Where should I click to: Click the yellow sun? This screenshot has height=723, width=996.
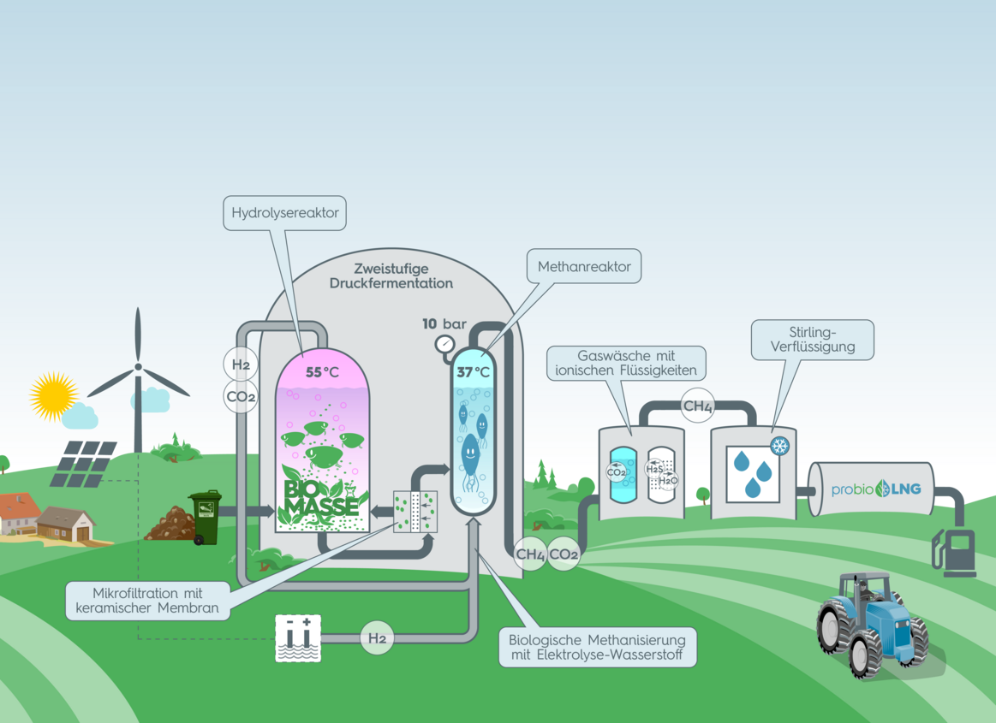pyautogui.click(x=53, y=396)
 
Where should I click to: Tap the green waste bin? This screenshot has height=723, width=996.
pyautogui.click(x=206, y=516)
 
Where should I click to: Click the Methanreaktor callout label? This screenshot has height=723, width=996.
pyautogui.click(x=584, y=267)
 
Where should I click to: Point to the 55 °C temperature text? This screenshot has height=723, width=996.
pyautogui.click(x=322, y=373)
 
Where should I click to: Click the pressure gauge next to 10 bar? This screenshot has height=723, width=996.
pyautogui.click(x=445, y=345)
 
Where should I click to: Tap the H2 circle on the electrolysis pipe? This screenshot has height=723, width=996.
pyautogui.click(x=377, y=637)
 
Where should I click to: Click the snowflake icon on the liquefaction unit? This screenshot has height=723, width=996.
pyautogui.click(x=779, y=446)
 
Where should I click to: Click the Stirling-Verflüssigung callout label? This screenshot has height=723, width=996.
pyautogui.click(x=812, y=340)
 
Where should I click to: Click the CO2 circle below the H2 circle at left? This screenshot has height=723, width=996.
pyautogui.click(x=241, y=397)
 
